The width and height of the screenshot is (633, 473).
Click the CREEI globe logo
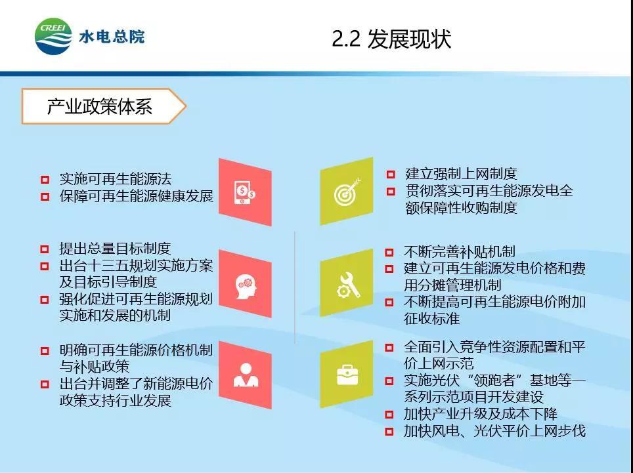click(x=54, y=36)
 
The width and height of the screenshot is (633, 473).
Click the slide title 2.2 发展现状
click(x=391, y=39)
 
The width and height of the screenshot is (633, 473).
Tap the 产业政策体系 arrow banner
click(x=104, y=106)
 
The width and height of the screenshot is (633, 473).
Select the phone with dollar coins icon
click(x=245, y=193)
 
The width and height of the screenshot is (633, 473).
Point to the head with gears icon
click(x=246, y=286)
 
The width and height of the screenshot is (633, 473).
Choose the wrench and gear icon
click(x=348, y=285)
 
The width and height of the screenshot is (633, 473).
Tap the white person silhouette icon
click(x=246, y=375)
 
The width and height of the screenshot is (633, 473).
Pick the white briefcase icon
click(x=347, y=375)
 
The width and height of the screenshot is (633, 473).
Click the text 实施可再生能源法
click(x=116, y=178)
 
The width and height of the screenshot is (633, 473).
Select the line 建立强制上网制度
click(x=461, y=174)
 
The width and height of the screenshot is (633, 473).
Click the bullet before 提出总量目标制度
click(x=45, y=249)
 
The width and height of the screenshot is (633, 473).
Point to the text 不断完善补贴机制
click(x=460, y=252)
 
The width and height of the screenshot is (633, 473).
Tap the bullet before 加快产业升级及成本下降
click(x=389, y=415)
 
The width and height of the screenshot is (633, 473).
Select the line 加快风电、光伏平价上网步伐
click(x=494, y=431)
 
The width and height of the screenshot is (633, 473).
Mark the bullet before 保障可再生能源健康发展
click(x=45, y=197)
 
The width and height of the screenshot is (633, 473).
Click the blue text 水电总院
click(x=112, y=37)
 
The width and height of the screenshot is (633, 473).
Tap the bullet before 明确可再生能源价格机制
click(x=45, y=351)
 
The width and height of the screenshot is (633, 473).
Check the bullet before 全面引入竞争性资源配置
click(x=389, y=348)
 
